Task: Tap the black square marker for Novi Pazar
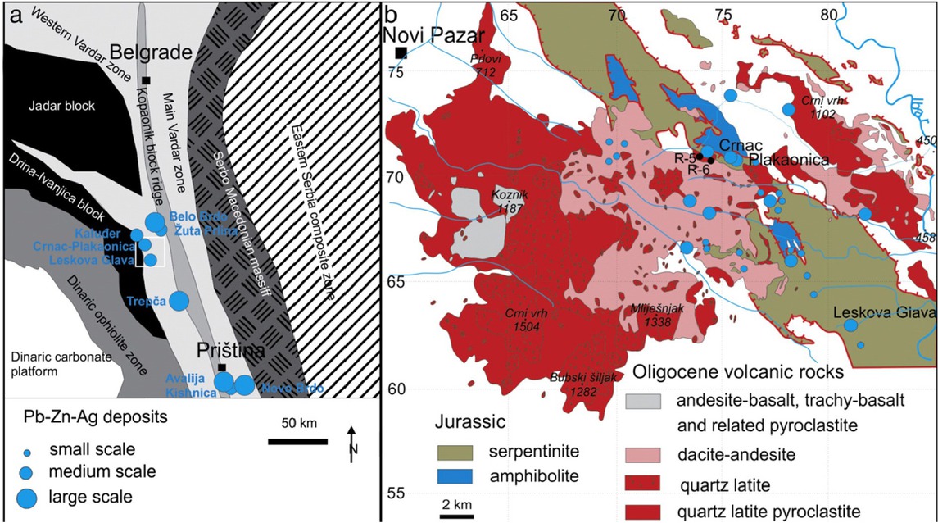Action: click(x=401, y=53)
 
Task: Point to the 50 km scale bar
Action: click(x=298, y=443)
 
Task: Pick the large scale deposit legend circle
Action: click(x=28, y=497)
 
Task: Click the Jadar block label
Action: click(x=61, y=107)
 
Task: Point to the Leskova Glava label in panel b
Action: click(x=883, y=312)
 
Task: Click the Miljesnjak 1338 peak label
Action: click(x=658, y=316)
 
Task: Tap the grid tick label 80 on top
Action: click(x=831, y=16)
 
